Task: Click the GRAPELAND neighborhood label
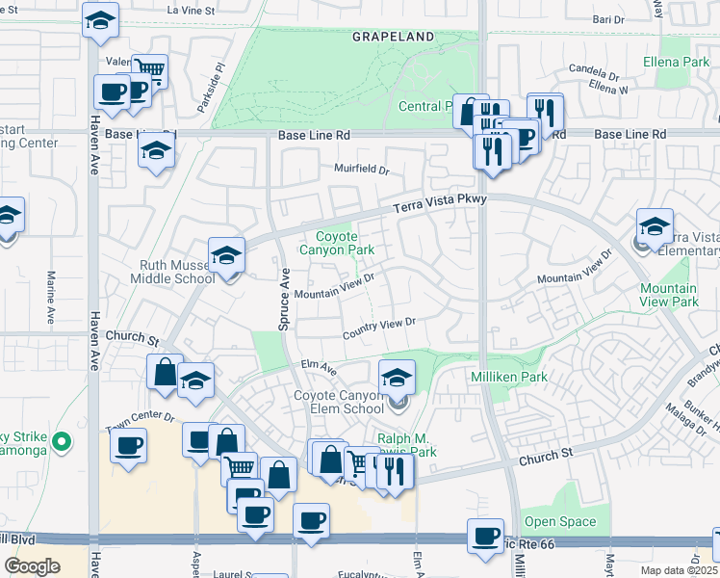[x=393, y=37]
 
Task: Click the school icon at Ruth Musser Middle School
[x=226, y=255]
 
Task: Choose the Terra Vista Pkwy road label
[x=442, y=203]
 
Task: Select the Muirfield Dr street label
[x=361, y=170]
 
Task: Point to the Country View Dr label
[x=378, y=328]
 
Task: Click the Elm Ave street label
[x=317, y=366]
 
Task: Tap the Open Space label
[x=559, y=522]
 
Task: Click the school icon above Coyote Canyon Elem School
[x=396, y=378]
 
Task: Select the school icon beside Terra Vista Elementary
[x=655, y=226]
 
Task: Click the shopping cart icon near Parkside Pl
[x=148, y=69]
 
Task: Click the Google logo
[x=32, y=566]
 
